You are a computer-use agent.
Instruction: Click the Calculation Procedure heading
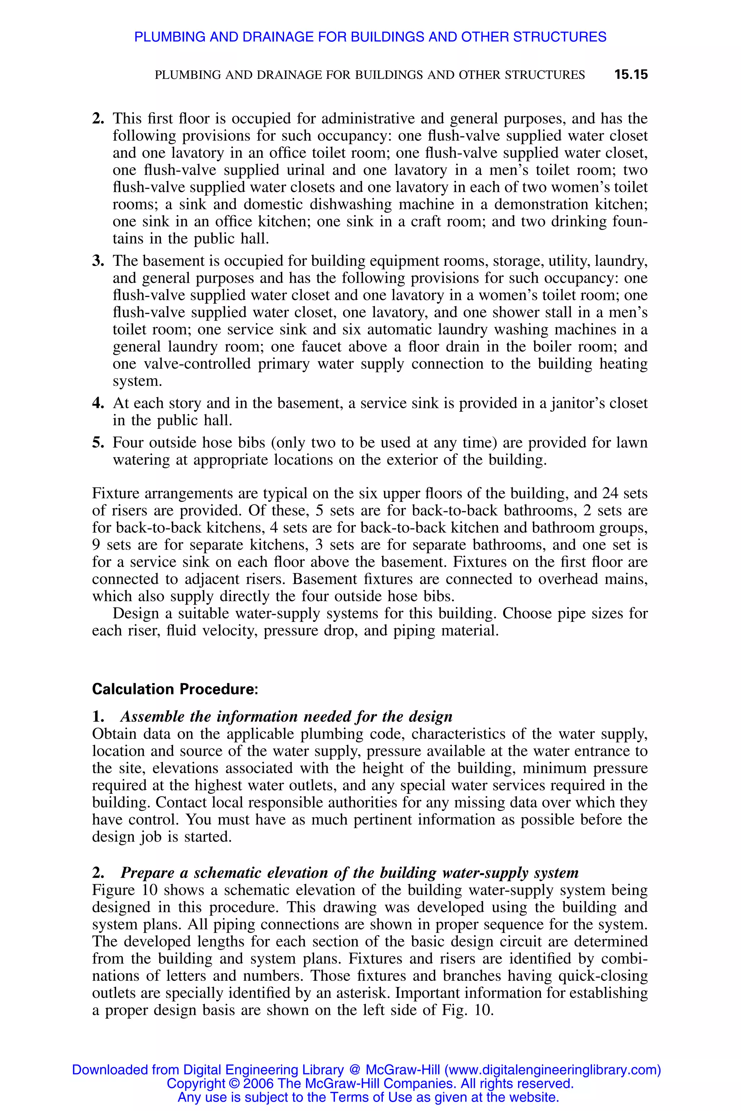pyautogui.click(x=175, y=689)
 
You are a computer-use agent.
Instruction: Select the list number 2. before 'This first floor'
pyautogui.click(x=98, y=119)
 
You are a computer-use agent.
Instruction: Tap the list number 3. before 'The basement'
pyautogui.click(x=98, y=261)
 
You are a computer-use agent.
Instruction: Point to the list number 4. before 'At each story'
pyautogui.click(x=98, y=403)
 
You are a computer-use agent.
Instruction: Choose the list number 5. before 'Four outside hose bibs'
pyautogui.click(x=98, y=443)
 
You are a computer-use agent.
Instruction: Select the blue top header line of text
pyautogui.click(x=370, y=37)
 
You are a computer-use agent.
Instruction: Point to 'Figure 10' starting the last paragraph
pyautogui.click(x=126, y=890)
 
